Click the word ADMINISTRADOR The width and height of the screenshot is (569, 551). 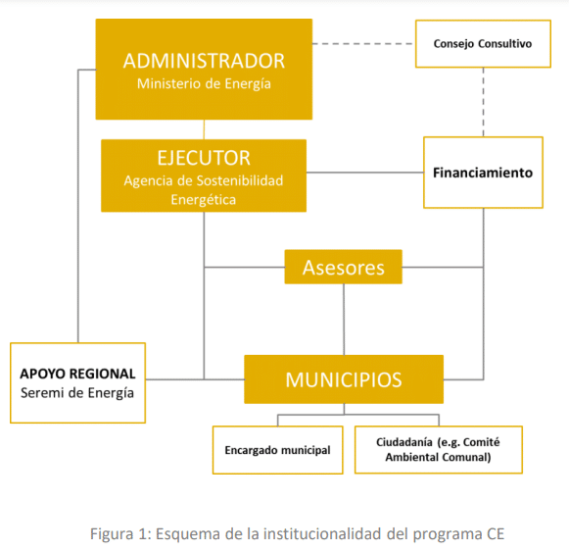pyautogui.click(x=204, y=61)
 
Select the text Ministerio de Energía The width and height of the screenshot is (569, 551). pyautogui.click(x=204, y=84)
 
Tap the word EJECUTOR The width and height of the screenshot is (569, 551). pyautogui.click(x=204, y=158)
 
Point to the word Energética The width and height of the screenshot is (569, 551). pyautogui.click(x=204, y=200)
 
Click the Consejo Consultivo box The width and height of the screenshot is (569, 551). pyautogui.click(x=483, y=44)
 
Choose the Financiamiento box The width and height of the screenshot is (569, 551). pyautogui.click(x=483, y=173)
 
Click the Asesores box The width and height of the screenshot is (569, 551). pyautogui.click(x=344, y=267)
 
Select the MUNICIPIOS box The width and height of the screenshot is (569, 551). pyautogui.click(x=344, y=379)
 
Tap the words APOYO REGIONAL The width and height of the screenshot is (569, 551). pyautogui.click(x=77, y=374)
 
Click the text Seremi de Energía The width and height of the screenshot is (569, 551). pyautogui.click(x=77, y=393)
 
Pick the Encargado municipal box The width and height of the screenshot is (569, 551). pyautogui.click(x=277, y=450)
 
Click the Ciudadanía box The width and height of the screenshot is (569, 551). pyautogui.click(x=439, y=450)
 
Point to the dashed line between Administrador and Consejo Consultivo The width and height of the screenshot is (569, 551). pyautogui.click(x=364, y=44)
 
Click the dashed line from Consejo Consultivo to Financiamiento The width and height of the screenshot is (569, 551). pyautogui.click(x=483, y=102)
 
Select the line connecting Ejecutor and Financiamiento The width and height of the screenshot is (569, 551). pyautogui.click(x=364, y=173)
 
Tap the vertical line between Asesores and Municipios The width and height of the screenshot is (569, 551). pyautogui.click(x=344, y=320)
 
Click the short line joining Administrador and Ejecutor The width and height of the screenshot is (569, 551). pyautogui.click(x=204, y=129)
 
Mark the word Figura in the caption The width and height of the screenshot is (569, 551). pyautogui.click(x=112, y=534)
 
